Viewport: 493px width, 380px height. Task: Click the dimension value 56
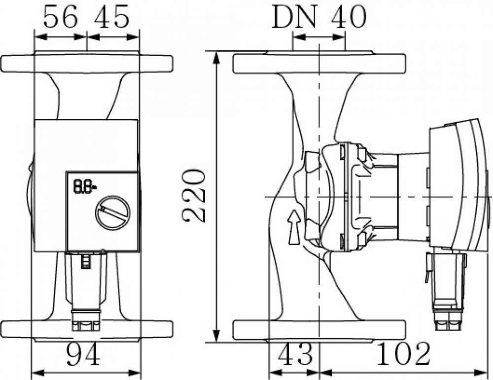[60, 17]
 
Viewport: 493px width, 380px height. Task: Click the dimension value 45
[112, 17]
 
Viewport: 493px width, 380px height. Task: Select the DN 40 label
[319, 17]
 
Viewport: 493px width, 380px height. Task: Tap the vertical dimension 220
[194, 196]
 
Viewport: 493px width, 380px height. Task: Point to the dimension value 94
[83, 354]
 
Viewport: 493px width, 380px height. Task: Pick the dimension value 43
[295, 354]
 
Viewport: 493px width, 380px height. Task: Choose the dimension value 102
[403, 354]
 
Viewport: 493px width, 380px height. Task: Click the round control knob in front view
[113, 213]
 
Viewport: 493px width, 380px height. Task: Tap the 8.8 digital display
[85, 186]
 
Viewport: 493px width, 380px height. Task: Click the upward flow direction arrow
[294, 227]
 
